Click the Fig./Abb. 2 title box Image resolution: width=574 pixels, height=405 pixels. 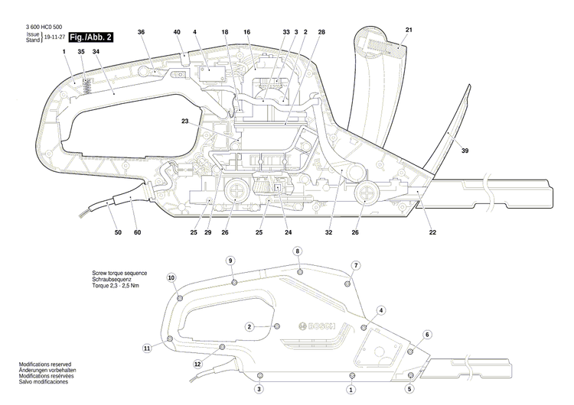coord(91,37)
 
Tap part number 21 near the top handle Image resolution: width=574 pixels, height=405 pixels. coord(409,31)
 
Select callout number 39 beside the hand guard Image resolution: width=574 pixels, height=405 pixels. coord(465,151)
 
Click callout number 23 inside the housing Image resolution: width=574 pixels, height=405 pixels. coord(185,120)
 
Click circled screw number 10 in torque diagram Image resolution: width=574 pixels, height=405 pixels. coord(171,277)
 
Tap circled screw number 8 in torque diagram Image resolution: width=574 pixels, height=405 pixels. coord(298,251)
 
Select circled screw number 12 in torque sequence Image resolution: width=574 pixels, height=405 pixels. coord(197,364)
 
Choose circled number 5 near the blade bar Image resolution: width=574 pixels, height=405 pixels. coord(409,389)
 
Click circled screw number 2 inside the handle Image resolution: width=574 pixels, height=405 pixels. coord(249,326)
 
